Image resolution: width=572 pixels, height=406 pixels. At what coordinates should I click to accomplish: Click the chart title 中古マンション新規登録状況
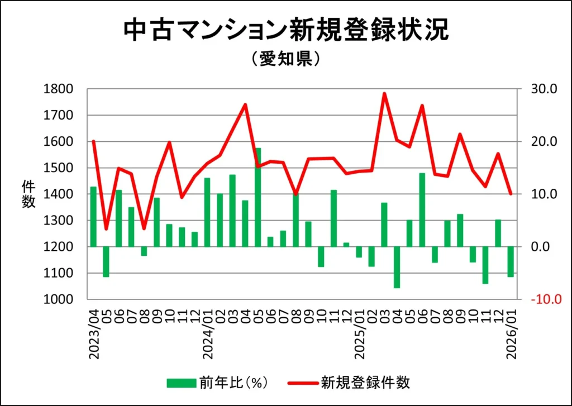pyautogui.click(x=285, y=31)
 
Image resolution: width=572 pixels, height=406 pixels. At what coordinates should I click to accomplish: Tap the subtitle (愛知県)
pyautogui.click(x=285, y=59)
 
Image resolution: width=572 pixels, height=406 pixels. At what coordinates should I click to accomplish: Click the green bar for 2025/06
pyautogui.click(x=422, y=209)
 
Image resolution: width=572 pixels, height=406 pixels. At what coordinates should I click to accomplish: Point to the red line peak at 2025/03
pyautogui.click(x=384, y=94)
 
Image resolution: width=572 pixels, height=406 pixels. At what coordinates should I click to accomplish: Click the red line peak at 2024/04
pyautogui.click(x=245, y=104)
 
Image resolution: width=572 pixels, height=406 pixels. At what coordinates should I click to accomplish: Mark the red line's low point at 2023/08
pyautogui.click(x=144, y=228)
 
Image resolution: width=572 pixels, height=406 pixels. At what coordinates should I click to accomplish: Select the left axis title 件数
pyautogui.click(x=28, y=194)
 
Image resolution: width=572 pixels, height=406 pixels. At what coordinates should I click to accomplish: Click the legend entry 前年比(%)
pyautogui.click(x=218, y=383)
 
